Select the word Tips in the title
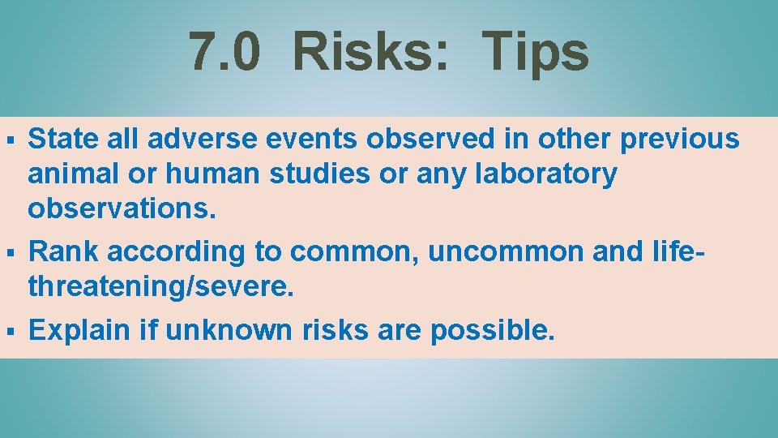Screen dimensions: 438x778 click(536, 52)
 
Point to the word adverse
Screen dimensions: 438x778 click(186, 139)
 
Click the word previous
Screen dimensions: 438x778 click(680, 140)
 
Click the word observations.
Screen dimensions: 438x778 click(122, 208)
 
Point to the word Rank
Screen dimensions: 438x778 click(64, 252)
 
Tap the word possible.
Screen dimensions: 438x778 click(493, 331)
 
